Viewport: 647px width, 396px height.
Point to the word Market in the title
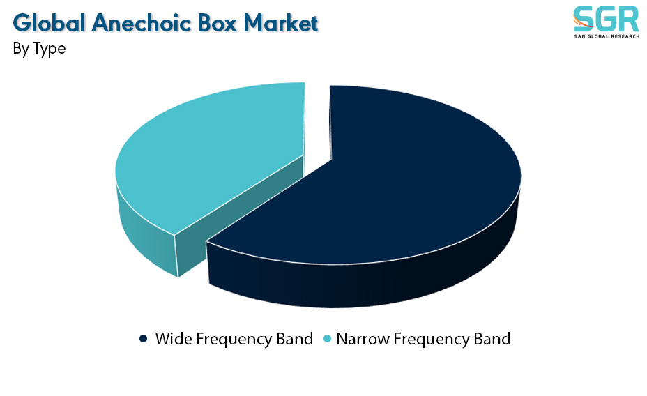(281, 23)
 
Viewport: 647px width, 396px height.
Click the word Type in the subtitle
(50, 49)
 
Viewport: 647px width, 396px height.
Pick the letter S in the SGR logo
(584, 19)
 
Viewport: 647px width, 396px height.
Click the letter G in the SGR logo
(606, 19)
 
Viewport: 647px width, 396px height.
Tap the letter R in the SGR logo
(628, 19)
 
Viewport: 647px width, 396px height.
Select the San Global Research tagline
(607, 36)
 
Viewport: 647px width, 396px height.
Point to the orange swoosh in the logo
(581, 22)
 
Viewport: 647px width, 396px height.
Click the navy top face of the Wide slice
(392, 177)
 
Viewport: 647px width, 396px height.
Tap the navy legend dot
(143, 339)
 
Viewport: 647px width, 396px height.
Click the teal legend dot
(327, 339)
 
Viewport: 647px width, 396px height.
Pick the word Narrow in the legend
(363, 339)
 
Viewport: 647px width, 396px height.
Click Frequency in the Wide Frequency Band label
(234, 340)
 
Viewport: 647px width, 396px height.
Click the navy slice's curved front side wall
(363, 284)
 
